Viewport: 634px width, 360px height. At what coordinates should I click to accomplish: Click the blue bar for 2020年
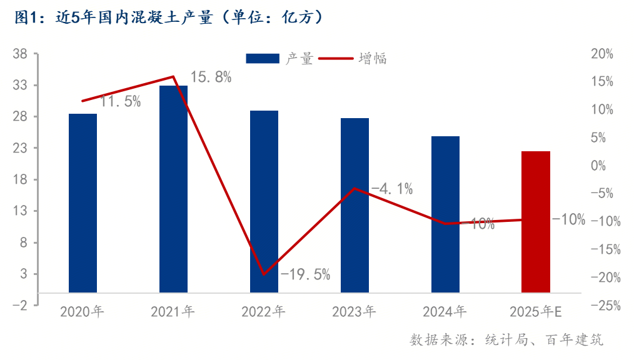pyautogui.click(x=83, y=203)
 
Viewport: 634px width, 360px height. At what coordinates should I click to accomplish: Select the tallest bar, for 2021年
pyautogui.click(x=173, y=189)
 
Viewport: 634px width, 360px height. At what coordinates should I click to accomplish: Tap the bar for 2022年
pyautogui.click(x=264, y=201)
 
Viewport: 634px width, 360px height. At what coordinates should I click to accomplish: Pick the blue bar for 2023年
pyautogui.click(x=355, y=205)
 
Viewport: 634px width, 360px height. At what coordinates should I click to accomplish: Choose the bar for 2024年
pyautogui.click(x=445, y=214)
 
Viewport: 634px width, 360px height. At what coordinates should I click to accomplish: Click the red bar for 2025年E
pyautogui.click(x=536, y=221)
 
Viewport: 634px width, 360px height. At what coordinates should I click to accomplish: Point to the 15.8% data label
pyautogui.click(x=211, y=77)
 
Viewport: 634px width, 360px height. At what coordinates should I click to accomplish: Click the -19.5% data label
pyautogui.click(x=305, y=274)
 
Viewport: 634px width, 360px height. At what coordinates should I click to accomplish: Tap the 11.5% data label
pyautogui.click(x=121, y=102)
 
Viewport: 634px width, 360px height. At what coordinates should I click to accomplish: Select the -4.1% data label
pyautogui.click(x=392, y=189)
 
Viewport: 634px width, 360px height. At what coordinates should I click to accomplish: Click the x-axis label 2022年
pyautogui.click(x=264, y=311)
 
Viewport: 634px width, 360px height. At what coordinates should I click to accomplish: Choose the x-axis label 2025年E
pyautogui.click(x=536, y=311)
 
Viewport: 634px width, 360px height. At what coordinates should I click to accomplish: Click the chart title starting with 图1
pyautogui.click(x=169, y=17)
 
